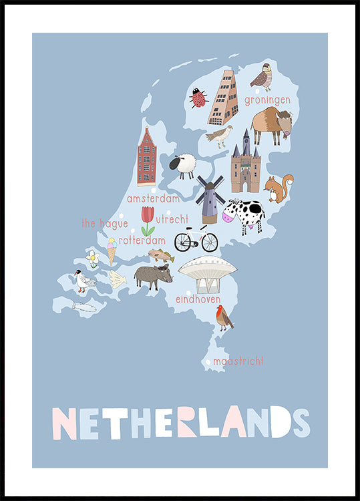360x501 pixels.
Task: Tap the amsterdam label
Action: (x=154, y=198)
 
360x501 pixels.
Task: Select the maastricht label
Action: (x=238, y=361)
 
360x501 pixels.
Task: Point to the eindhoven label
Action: (x=198, y=299)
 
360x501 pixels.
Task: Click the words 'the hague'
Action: (x=104, y=224)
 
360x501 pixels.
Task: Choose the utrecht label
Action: (x=172, y=218)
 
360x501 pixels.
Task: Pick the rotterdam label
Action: (x=142, y=240)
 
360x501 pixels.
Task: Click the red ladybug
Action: (x=198, y=99)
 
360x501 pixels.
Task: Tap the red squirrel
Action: (x=279, y=188)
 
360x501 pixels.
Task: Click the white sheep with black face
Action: (x=183, y=166)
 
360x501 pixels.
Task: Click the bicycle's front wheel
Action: (x=210, y=242)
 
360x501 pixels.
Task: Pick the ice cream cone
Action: (x=111, y=251)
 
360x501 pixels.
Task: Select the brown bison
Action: (x=271, y=124)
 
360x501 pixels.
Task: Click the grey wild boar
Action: (x=153, y=275)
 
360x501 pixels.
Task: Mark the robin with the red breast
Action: (x=224, y=317)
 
